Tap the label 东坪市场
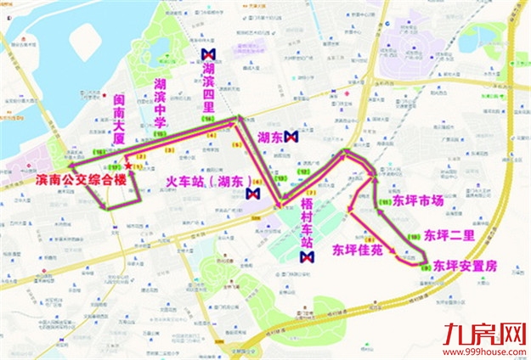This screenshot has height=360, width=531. click(418, 202)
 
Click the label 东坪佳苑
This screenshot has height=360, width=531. click(359, 250)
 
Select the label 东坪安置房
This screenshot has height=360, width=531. click(465, 266)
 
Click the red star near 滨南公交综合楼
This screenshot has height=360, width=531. click(127, 165)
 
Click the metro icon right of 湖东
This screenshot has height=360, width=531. click(291, 136)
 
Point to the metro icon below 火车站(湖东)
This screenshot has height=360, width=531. click(251, 194)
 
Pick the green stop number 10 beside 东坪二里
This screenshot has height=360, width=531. click(413, 235)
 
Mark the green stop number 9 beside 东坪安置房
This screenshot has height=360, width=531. click(424, 267)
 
